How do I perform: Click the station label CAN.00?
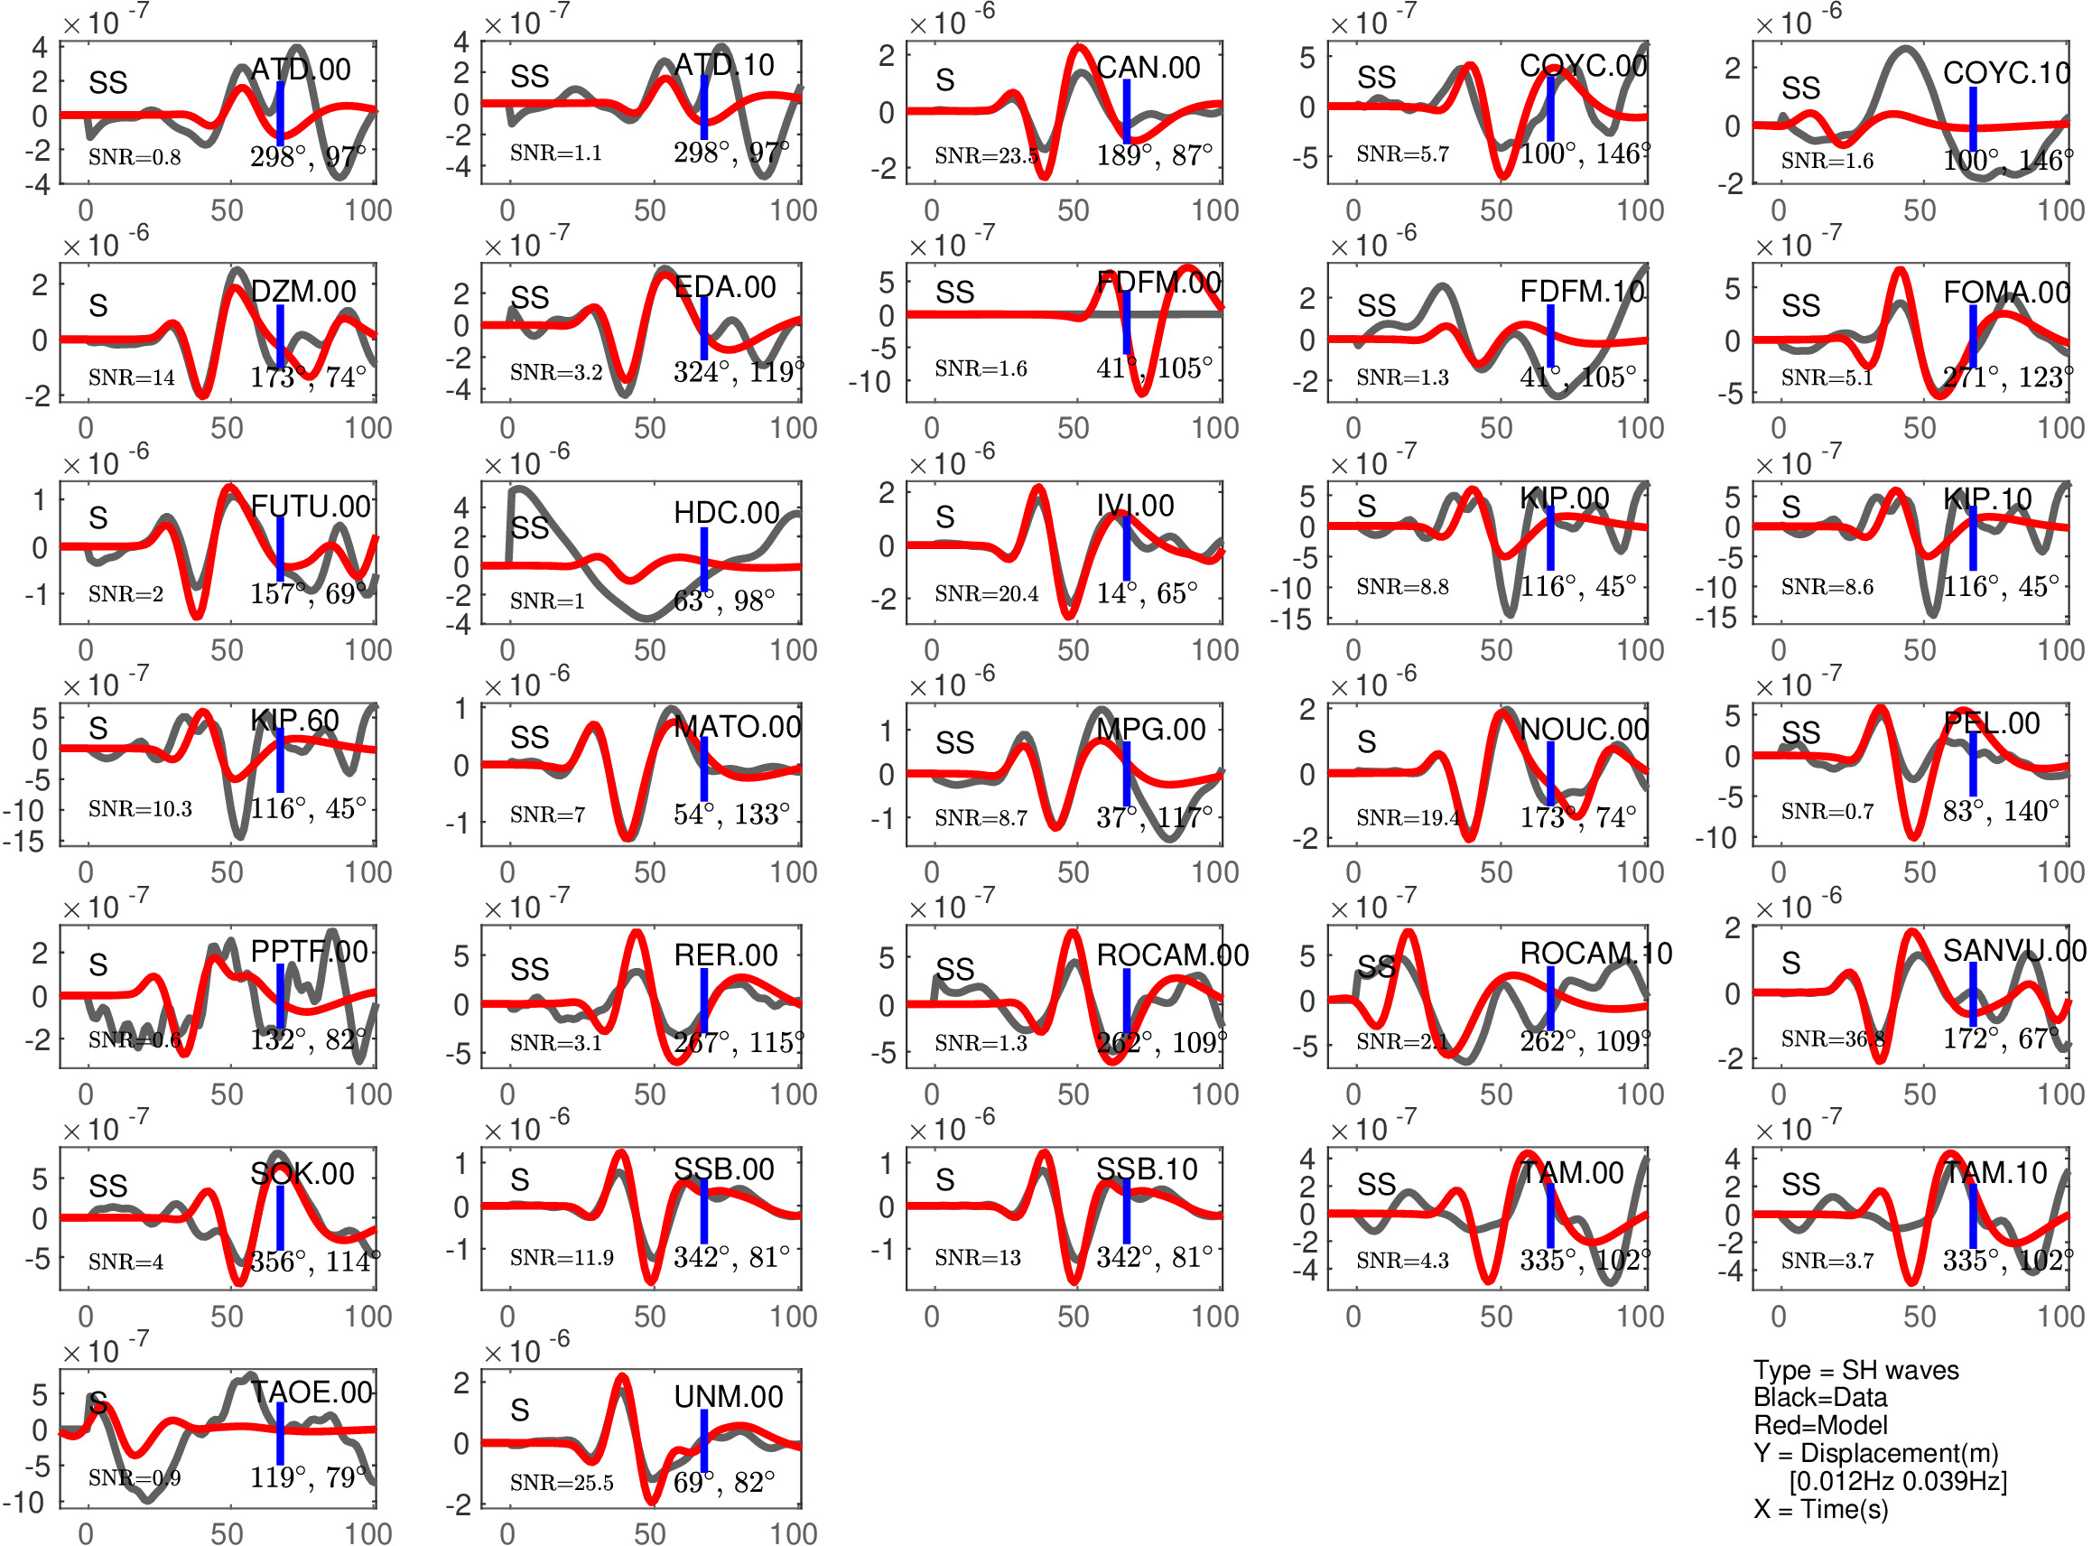(1148, 68)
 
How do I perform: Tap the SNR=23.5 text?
(986, 155)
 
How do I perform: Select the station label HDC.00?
(726, 512)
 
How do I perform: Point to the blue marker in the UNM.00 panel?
(703, 1440)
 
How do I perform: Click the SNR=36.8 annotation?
(1832, 1038)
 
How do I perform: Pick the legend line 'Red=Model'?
(1819, 1425)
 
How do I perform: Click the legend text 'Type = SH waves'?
(1855, 1370)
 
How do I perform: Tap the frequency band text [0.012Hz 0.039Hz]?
(1897, 1481)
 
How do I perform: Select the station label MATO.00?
(738, 727)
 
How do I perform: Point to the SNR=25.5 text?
(562, 1484)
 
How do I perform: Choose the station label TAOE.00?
(311, 1392)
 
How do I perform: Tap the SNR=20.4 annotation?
(986, 593)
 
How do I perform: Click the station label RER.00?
(725, 955)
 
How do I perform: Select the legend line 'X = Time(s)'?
(1820, 1510)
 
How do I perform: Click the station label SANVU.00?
(2014, 951)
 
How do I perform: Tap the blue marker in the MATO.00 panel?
(703, 769)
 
